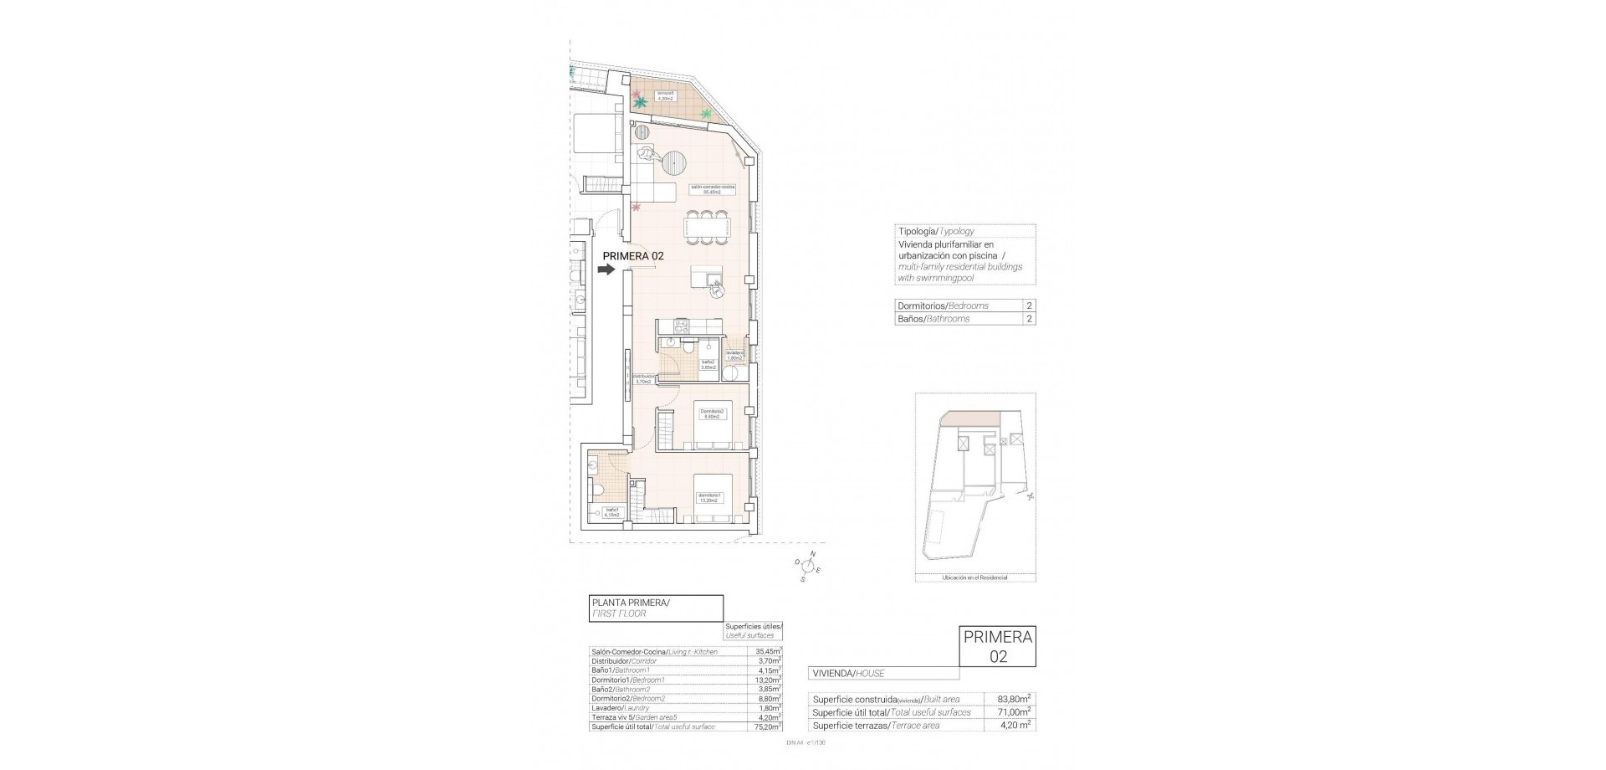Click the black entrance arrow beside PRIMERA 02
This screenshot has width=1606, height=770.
click(x=606, y=269)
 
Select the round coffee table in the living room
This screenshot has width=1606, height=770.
click(x=675, y=158)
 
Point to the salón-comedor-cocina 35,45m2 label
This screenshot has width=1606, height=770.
click(x=712, y=188)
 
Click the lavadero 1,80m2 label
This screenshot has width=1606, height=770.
click(x=734, y=356)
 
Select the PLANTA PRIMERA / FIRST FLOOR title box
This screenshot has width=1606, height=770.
click(x=656, y=608)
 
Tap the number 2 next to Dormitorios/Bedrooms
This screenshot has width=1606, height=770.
click(x=1029, y=306)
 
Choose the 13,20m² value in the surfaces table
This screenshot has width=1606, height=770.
click(x=768, y=680)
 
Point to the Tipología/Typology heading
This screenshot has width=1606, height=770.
click(x=935, y=231)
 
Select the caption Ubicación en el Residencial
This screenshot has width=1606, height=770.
click(x=974, y=577)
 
